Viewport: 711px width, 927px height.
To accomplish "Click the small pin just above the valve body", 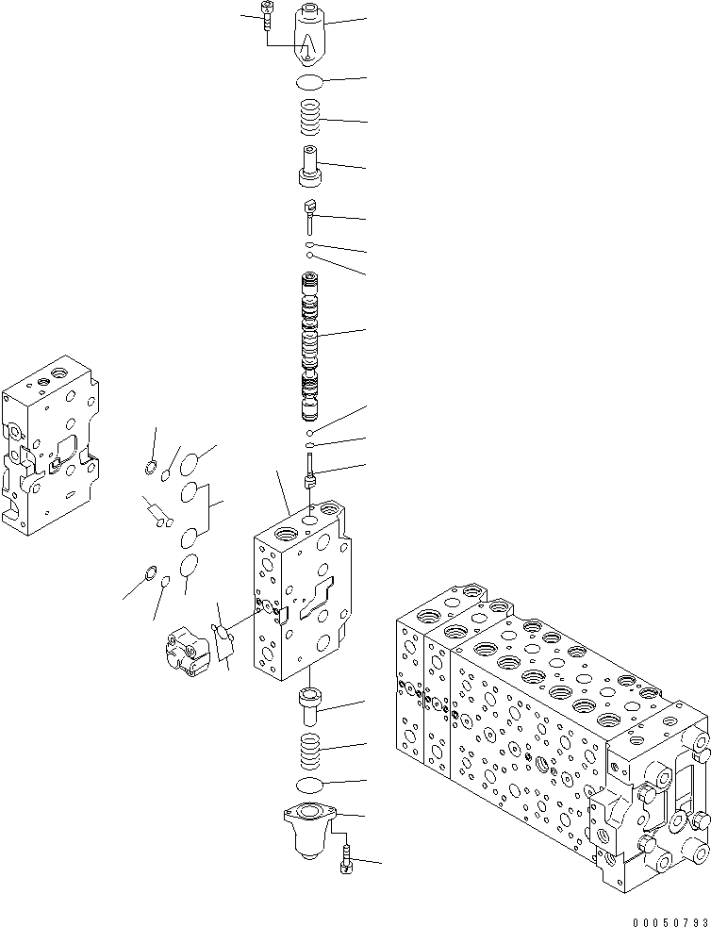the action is point(309,470).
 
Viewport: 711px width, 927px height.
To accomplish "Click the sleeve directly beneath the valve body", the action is point(309,704).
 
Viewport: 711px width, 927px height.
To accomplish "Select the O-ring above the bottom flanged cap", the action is point(310,785).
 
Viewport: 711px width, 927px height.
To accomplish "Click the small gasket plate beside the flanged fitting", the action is point(223,641).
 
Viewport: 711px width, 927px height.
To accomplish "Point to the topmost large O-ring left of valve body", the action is point(190,463).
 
